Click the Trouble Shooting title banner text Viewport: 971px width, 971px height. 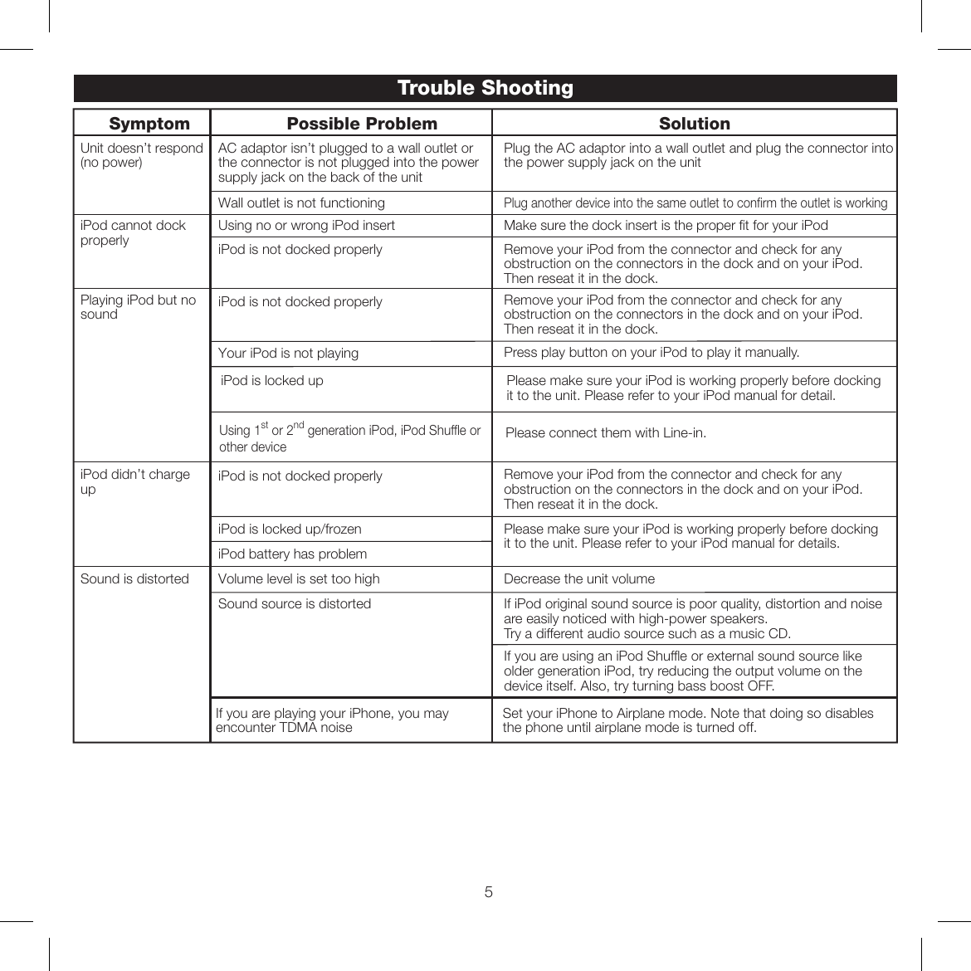coord(485,88)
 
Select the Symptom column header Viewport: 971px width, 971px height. coord(149,124)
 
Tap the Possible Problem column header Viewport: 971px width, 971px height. coord(362,124)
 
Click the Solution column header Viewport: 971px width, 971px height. coord(694,124)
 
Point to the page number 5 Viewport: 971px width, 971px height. coord(488,892)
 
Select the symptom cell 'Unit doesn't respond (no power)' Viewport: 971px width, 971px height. coord(141,155)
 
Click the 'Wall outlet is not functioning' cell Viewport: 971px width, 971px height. coord(301,203)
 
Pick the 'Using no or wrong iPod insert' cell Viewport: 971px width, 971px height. coord(306,226)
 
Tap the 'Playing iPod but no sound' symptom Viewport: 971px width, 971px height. coord(138,307)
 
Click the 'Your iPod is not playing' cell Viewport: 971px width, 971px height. coord(288,354)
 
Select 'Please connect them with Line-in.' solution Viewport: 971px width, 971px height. coord(605,433)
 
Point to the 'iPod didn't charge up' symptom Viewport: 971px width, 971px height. coord(134,481)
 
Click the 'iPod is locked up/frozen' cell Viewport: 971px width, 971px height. coord(290,529)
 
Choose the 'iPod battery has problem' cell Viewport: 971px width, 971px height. coord(292,554)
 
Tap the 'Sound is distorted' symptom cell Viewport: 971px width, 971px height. coord(134,579)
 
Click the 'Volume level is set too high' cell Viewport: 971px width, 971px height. coord(299,579)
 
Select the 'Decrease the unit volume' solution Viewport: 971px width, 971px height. coord(578,579)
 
